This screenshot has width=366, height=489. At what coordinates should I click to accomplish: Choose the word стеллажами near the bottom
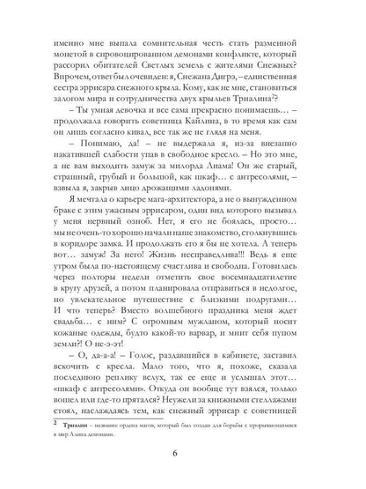pyautogui.click(x=279, y=387)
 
